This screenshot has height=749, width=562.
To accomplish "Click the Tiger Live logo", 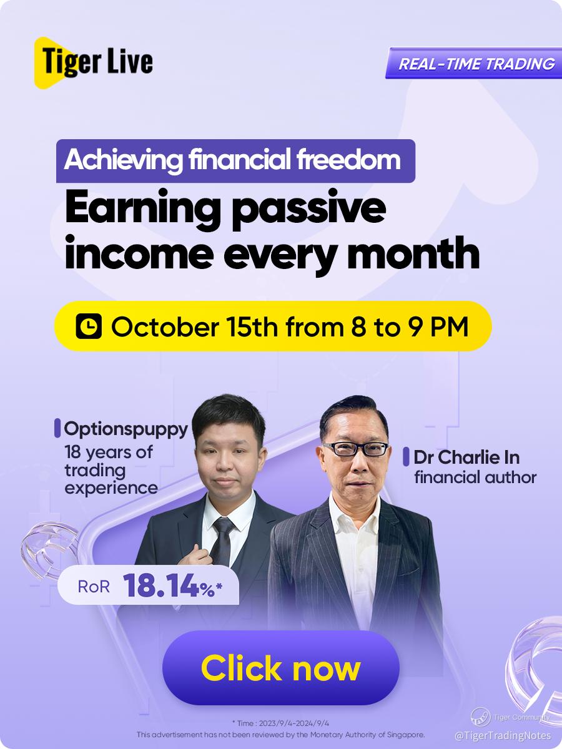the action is (93, 62).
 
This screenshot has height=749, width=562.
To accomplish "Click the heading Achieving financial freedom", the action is (235, 160).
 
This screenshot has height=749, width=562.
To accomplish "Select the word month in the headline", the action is (413, 253).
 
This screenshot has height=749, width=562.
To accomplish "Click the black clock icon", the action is (89, 326).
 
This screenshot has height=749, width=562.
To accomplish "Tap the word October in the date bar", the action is (164, 327).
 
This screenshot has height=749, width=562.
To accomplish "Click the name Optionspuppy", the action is (126, 429).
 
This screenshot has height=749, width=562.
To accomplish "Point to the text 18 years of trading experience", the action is (111, 469).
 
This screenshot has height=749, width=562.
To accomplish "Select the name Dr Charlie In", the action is (466, 458).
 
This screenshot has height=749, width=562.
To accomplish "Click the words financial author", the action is (475, 477).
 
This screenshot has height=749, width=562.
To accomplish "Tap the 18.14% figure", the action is (172, 585).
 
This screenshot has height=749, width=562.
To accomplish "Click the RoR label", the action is (94, 587).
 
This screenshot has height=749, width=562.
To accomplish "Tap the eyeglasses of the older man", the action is (355, 449).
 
